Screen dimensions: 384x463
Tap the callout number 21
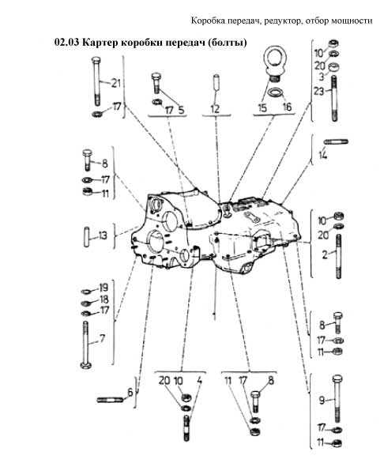click(x=116, y=83)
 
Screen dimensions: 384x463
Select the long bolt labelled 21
click(x=96, y=81)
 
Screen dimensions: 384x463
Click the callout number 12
click(x=215, y=109)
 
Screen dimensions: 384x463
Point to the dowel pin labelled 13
click(x=87, y=236)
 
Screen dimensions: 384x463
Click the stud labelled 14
click(x=336, y=142)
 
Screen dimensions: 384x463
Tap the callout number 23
click(x=318, y=91)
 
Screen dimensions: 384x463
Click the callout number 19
click(x=104, y=288)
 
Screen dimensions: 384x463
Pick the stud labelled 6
click(x=110, y=400)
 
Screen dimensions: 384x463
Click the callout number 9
click(x=322, y=400)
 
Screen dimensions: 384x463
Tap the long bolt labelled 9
click(x=337, y=399)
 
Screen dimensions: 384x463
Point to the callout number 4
click(x=200, y=381)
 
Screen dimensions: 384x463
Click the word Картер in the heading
click(x=100, y=42)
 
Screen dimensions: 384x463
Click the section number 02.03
click(x=66, y=42)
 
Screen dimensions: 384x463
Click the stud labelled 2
click(x=338, y=257)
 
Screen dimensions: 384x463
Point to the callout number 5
click(x=181, y=110)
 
